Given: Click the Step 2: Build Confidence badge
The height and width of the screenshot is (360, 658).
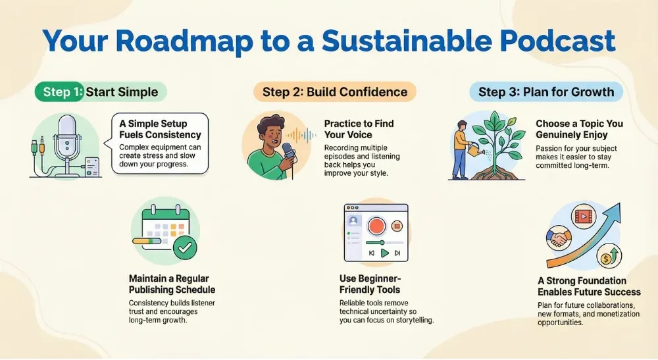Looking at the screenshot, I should (x=334, y=91).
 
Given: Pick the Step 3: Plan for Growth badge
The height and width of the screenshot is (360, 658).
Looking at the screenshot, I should (x=545, y=91).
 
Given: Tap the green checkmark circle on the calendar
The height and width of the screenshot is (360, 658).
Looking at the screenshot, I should (x=186, y=247).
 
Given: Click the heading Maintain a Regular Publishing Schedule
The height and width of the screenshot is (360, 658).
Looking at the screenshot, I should (x=172, y=284).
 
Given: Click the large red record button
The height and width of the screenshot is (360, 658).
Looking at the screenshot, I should (x=376, y=226).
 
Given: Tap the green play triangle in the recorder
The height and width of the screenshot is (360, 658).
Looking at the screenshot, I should (x=385, y=253).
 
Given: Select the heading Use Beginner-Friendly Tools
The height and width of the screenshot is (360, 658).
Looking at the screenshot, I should (x=370, y=284).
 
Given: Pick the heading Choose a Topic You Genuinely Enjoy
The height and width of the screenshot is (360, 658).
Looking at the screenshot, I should (x=579, y=129).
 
